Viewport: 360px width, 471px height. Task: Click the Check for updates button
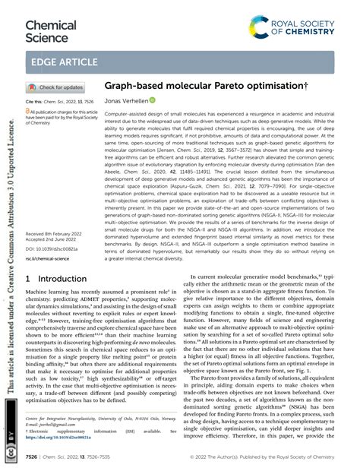click(56, 87)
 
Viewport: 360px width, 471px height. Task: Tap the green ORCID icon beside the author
click(152, 100)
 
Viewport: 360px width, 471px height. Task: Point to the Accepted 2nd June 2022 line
click(54, 219)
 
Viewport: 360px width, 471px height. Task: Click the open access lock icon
click(29, 111)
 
